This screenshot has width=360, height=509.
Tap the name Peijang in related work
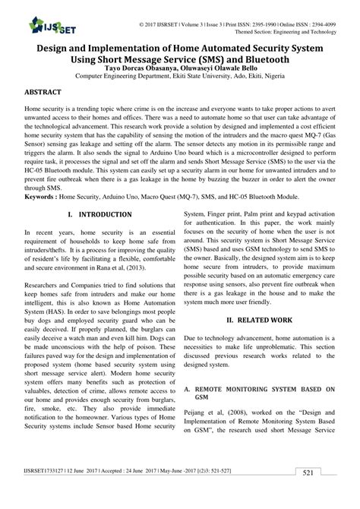click(198, 414)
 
